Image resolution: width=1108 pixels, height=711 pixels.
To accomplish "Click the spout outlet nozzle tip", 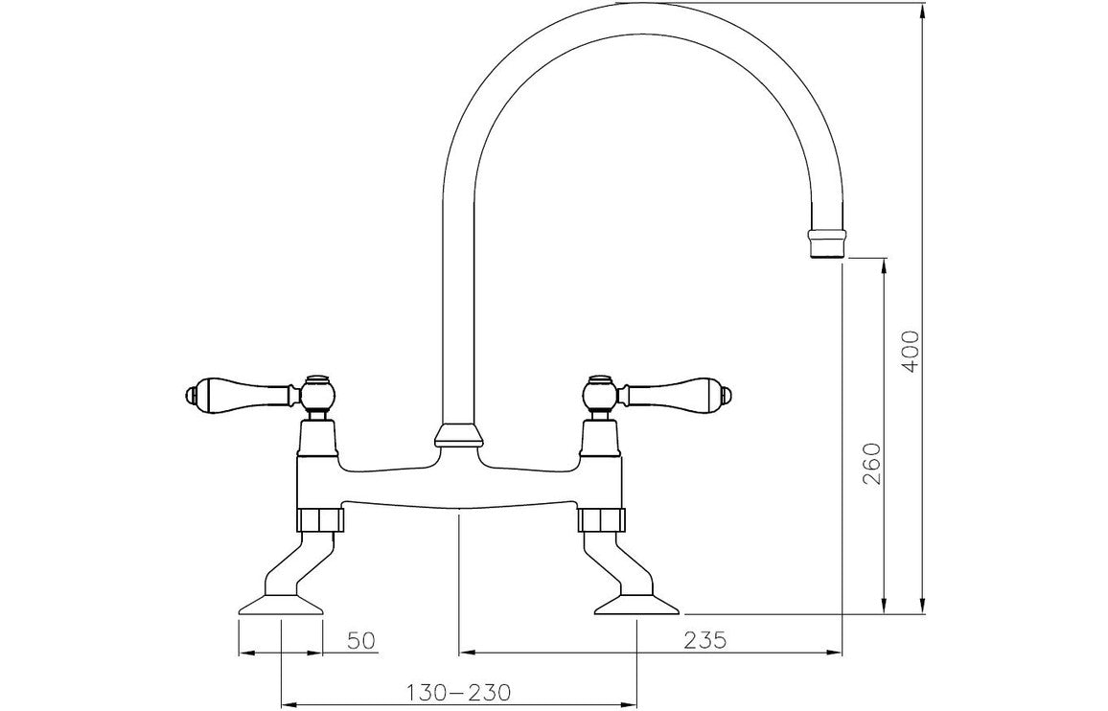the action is (828, 244).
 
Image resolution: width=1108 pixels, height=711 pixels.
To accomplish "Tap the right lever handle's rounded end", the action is (725, 392).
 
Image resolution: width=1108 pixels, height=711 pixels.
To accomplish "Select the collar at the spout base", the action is (458, 436).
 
